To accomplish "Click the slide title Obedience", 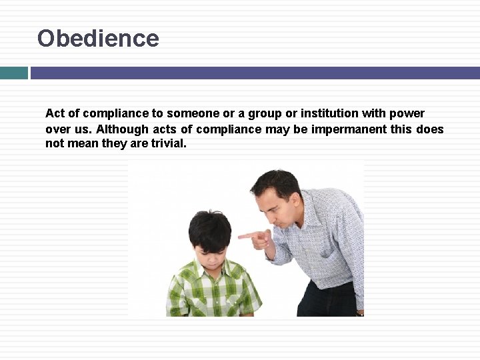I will click(x=98, y=38).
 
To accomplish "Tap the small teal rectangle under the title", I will click(x=13, y=73).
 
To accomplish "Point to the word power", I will click(x=408, y=113).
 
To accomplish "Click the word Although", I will click(x=122, y=129).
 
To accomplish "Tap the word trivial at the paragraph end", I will click(x=169, y=143).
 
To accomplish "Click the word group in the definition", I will click(x=267, y=113).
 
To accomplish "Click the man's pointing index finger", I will click(x=245, y=235).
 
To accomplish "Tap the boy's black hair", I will click(x=209, y=227).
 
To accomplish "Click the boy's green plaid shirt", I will click(x=213, y=293).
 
